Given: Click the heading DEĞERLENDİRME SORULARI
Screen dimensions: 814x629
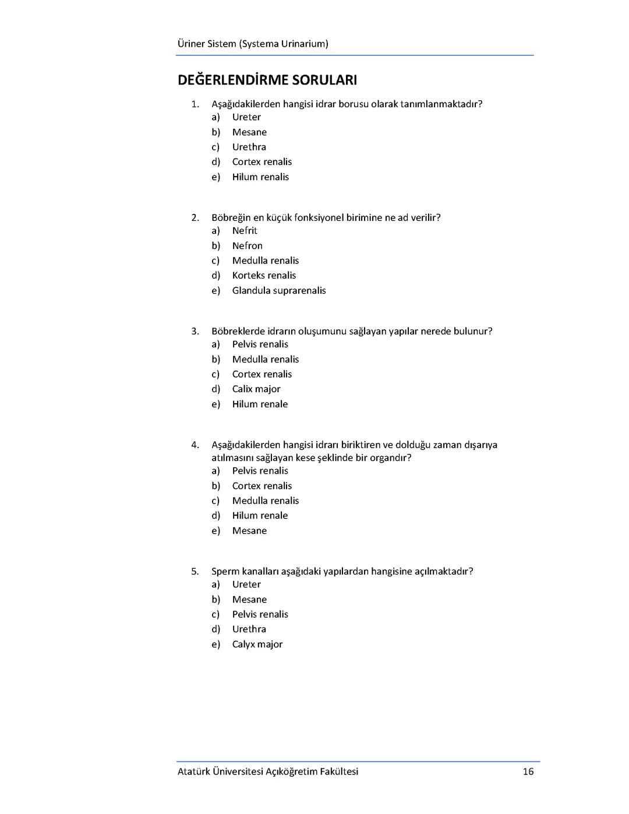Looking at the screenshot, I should click(267, 80).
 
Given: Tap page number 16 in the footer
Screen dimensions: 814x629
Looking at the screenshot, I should click(528, 771).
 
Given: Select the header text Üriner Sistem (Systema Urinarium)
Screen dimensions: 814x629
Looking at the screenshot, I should click(253, 44).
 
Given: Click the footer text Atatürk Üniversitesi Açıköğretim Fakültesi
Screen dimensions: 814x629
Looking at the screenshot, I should click(268, 771).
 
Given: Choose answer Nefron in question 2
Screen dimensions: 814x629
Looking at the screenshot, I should click(247, 246).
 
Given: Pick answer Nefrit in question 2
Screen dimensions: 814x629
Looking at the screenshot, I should click(244, 231).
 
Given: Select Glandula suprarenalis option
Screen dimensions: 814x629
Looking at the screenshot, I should click(278, 291).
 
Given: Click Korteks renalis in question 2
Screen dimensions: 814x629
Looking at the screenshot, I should click(264, 276).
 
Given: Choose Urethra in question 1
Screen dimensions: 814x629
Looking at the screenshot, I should click(249, 147).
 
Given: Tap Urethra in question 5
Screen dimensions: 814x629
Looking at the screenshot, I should click(249, 629).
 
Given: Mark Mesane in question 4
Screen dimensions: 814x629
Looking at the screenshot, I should click(249, 531).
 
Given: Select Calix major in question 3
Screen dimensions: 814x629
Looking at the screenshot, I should click(256, 389).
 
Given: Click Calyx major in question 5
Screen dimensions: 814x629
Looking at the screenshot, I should click(257, 644).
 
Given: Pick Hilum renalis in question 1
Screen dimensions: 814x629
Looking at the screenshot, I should click(260, 177).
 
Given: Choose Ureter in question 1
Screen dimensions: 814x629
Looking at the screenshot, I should click(246, 117).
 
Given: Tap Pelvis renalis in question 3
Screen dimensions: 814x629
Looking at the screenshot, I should click(260, 344).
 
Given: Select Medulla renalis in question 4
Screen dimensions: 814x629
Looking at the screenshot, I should click(265, 501).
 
